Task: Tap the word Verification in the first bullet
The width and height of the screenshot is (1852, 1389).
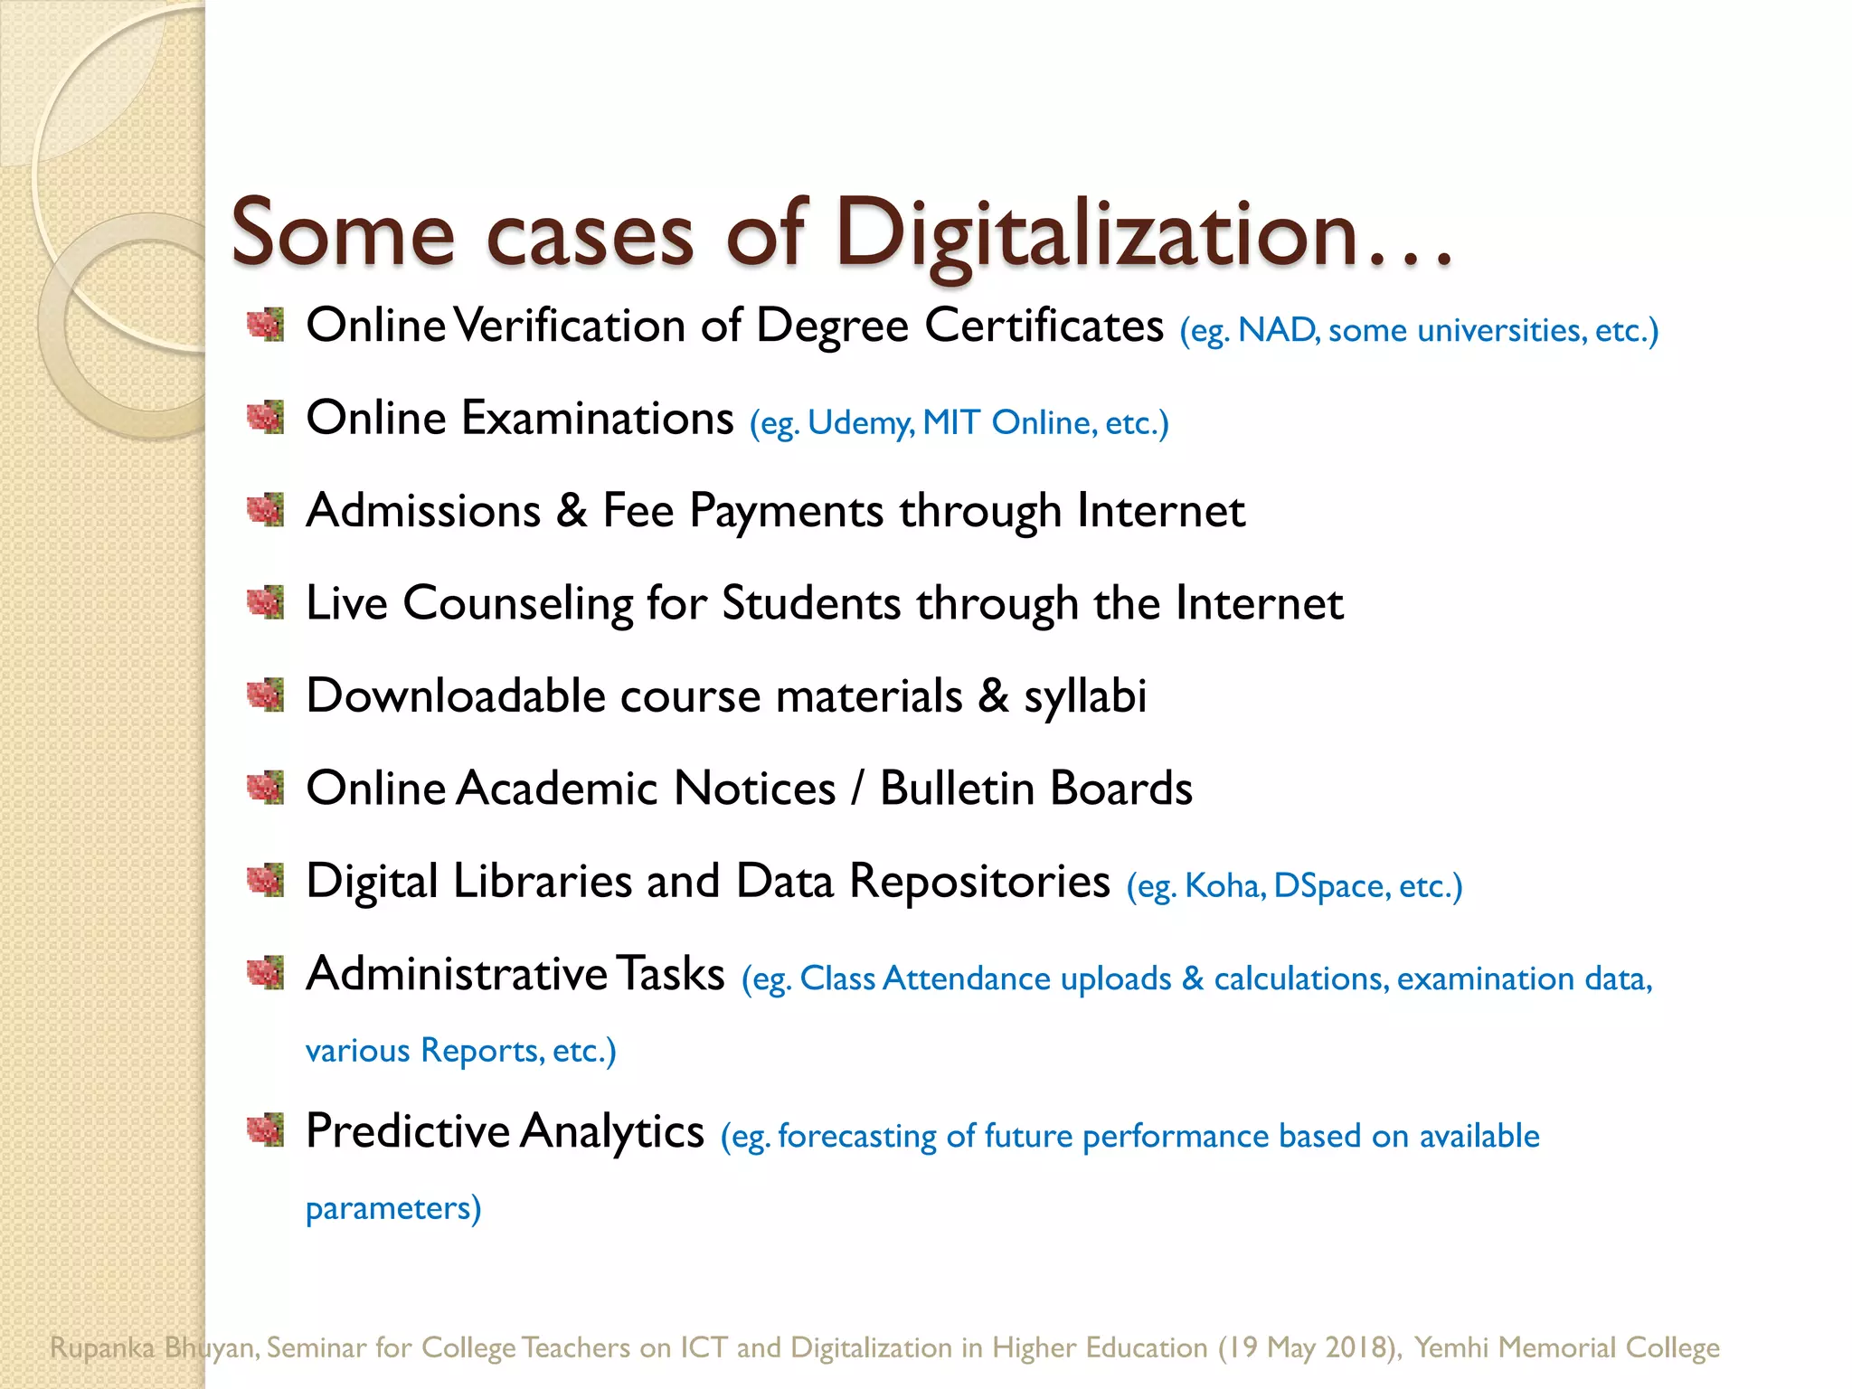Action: pyautogui.click(x=569, y=326)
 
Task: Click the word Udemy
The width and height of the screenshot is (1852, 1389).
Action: pyautogui.click(x=860, y=423)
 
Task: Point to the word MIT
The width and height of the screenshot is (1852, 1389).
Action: pyautogui.click(x=950, y=422)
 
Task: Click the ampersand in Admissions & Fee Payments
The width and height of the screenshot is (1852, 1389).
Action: pyautogui.click(x=572, y=510)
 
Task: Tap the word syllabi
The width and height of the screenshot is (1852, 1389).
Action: pyautogui.click(x=1084, y=697)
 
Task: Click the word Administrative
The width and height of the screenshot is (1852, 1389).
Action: pyautogui.click(x=457, y=974)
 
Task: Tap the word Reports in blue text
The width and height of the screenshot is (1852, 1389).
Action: pyautogui.click(x=482, y=1051)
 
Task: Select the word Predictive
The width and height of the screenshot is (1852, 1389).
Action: pyautogui.click(x=408, y=1131)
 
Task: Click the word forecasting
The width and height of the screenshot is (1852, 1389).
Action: pyautogui.click(x=856, y=1137)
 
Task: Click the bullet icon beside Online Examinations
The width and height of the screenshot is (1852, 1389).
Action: pyautogui.click(x=266, y=418)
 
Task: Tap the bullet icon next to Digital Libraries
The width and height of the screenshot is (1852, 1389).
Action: pyautogui.click(x=266, y=881)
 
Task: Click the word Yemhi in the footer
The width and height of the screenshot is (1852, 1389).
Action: pyautogui.click(x=1450, y=1347)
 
